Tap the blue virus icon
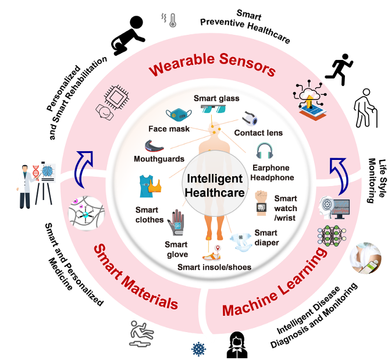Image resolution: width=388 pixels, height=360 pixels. pos(198,350)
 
